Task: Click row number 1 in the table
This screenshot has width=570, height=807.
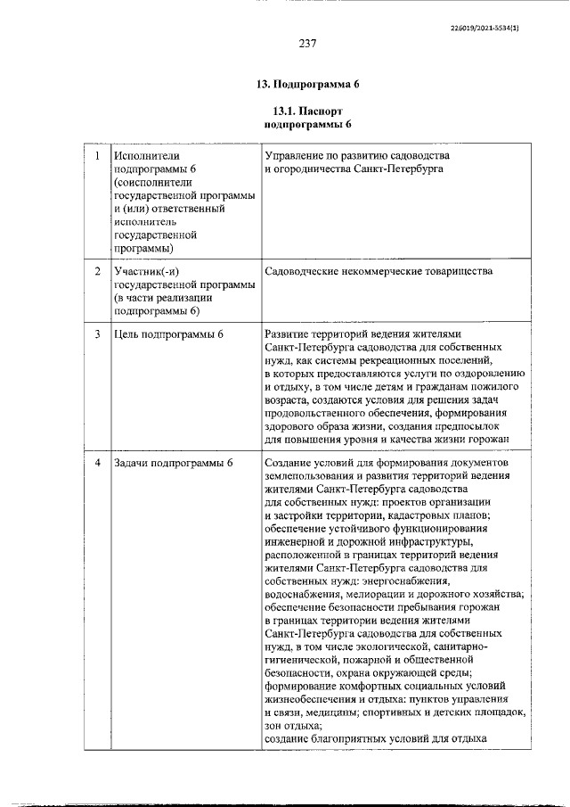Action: coord(97,156)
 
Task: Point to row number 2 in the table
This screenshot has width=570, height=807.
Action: coord(97,269)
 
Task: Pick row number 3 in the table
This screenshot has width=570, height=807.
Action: coord(97,334)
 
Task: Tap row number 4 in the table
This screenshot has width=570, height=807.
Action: coord(97,464)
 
